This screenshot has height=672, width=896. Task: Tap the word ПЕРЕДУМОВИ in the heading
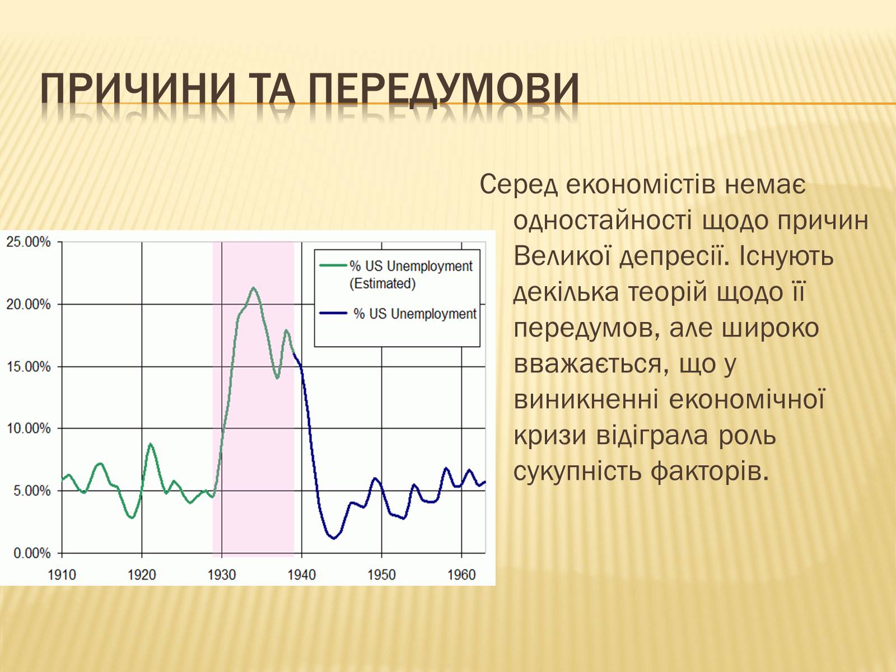[x=444, y=90]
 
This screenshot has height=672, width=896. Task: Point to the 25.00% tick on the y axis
[x=28, y=242]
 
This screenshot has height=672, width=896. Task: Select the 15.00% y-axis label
[x=28, y=366]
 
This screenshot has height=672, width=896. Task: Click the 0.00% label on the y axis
[x=32, y=553]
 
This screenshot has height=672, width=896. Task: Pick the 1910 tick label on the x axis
[x=62, y=575]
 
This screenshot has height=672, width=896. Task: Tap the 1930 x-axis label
[x=222, y=575]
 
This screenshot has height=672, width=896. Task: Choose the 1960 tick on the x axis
[x=461, y=575]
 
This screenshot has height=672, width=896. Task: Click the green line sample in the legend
[x=333, y=265]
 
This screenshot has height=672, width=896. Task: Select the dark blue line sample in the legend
[x=333, y=314]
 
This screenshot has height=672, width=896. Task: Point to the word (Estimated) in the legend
[x=382, y=283]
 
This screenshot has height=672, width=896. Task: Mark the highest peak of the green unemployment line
[x=254, y=288]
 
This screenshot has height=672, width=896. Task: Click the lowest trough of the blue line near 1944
[x=334, y=539]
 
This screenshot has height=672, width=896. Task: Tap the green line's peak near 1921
[x=150, y=444]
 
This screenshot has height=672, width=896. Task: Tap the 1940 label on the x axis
[x=302, y=575]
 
